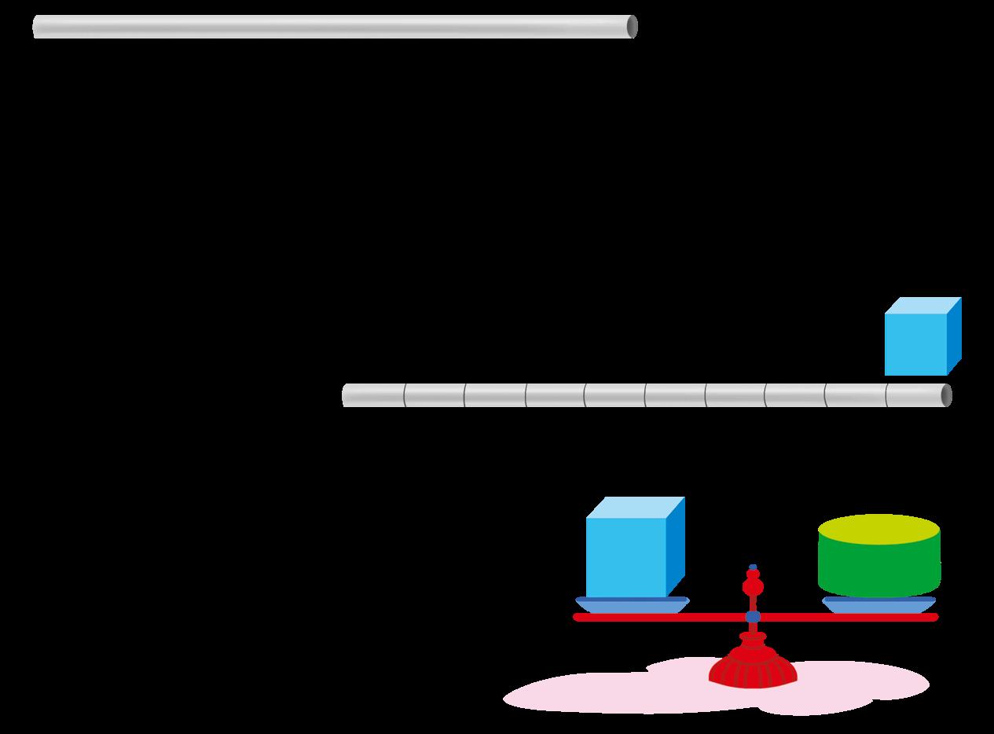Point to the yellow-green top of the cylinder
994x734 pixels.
tap(878, 527)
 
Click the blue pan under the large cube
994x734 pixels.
tap(632, 604)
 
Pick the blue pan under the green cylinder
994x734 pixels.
tap(878, 605)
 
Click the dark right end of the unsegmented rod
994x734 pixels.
tap(632, 27)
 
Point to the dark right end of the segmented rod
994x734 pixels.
tap(947, 395)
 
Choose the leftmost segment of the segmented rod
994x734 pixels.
tap(373, 395)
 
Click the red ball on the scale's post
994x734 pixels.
tap(753, 586)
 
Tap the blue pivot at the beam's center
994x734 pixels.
tap(753, 617)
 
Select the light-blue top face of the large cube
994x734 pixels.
tap(635, 508)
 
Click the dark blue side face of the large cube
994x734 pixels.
tap(676, 546)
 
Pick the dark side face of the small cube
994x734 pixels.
tap(954, 336)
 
